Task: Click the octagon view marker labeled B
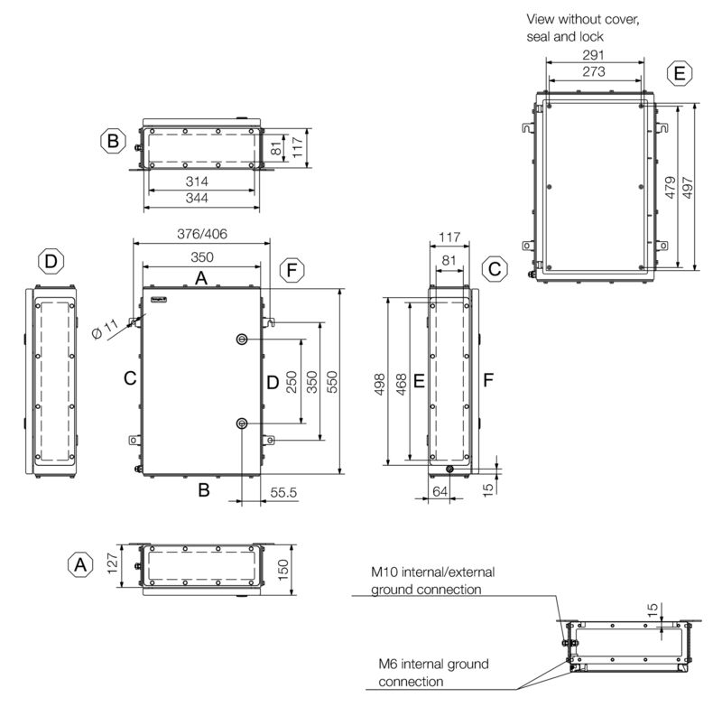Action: tap(113, 142)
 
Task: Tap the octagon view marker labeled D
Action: tap(51, 262)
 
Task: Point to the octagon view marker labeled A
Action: tap(81, 565)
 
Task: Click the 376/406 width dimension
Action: tap(201, 233)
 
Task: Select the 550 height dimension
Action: tap(331, 383)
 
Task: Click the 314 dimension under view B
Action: tap(200, 181)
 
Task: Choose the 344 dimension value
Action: tap(200, 199)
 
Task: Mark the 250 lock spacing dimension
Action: tap(292, 383)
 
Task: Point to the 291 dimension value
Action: tap(593, 55)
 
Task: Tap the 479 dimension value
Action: tap(671, 186)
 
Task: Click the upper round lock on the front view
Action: tap(242, 340)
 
